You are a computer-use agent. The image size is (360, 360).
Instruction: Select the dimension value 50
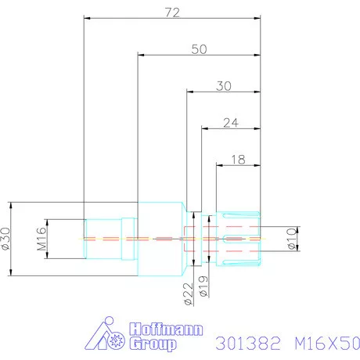click(x=199, y=49)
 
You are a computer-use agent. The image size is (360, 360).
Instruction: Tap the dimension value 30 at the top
click(x=223, y=87)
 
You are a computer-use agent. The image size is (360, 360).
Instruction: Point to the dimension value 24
click(x=230, y=122)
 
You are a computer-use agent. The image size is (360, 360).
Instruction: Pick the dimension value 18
click(x=238, y=159)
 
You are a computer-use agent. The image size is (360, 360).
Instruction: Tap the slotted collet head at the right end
click(x=239, y=237)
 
